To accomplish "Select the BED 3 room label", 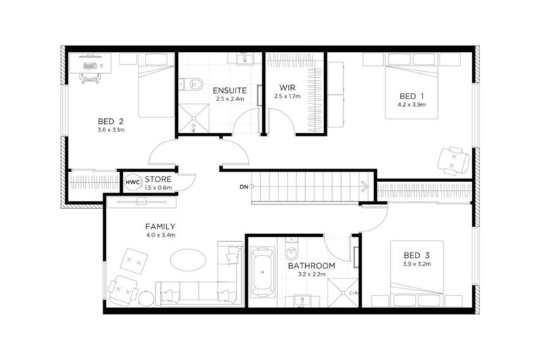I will coord(416,255).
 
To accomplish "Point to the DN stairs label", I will coord(243,187).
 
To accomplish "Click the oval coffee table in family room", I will coord(188,258).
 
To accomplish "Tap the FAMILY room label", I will coord(160,226).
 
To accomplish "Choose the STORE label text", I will coord(158,179).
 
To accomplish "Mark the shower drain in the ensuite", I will coord(192,130).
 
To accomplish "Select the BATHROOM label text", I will coord(311,266).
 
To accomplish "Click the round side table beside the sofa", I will coord(146,298).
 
